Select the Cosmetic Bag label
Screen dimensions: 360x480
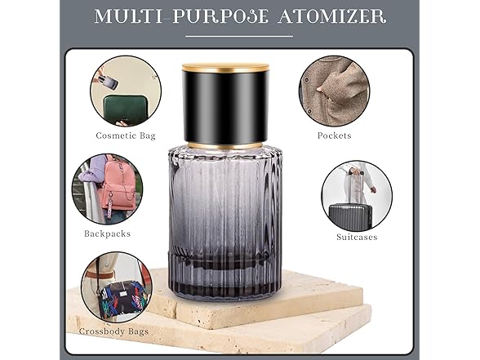pyautogui.click(x=126, y=136)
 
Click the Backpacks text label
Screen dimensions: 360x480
pyautogui.click(x=107, y=233)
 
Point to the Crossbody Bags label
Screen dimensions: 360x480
pyautogui.click(x=114, y=331)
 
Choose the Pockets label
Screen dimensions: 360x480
pyautogui.click(x=334, y=136)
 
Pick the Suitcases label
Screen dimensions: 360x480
pyautogui.click(x=357, y=238)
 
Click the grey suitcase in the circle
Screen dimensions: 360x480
pyautogui.click(x=350, y=216)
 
